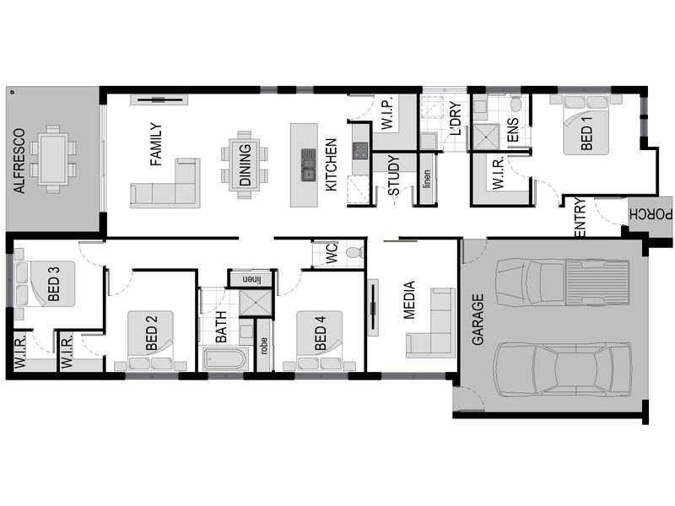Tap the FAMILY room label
coord(155,145)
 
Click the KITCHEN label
coord(332,164)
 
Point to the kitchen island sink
coord(308,165)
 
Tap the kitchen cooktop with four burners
coord(360,152)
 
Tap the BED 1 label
coord(586,133)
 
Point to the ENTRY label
coord(580,218)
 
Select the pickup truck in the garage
coord(562,283)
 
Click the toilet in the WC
coord(353,251)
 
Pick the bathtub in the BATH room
coord(224,360)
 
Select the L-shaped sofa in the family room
coord(166,183)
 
